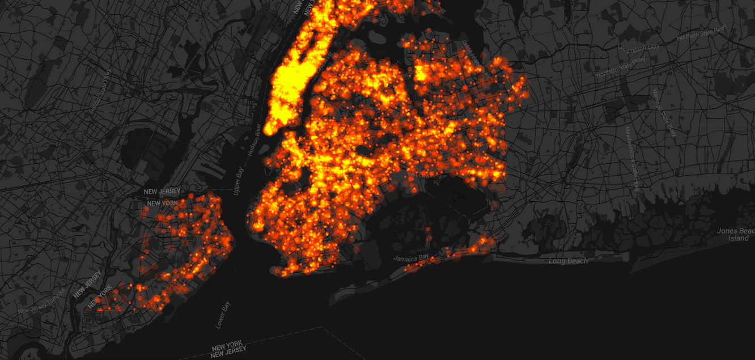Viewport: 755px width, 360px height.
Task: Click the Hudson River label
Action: (254, 141)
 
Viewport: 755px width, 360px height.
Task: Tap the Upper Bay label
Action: (239, 181)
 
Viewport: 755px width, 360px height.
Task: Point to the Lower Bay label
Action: (223, 316)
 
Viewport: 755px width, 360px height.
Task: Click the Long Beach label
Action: (569, 261)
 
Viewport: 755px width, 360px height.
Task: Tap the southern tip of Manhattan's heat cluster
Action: (271, 129)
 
